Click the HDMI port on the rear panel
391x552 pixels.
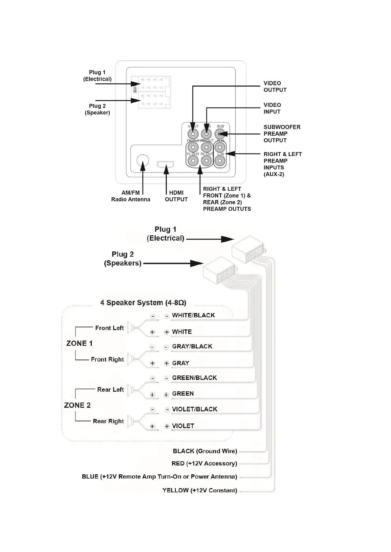point(165,164)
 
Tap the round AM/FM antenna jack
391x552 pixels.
point(142,160)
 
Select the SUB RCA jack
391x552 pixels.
point(220,134)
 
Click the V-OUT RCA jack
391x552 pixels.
point(193,134)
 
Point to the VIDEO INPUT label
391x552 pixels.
point(272,108)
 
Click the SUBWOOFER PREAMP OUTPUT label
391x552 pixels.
point(282,133)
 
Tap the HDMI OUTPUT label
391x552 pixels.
point(176,196)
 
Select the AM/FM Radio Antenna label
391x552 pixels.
point(131,196)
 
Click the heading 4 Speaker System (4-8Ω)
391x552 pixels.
point(143,303)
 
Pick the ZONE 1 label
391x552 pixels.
point(79,343)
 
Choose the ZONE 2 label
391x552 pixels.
point(77,405)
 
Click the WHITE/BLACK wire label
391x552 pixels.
point(193,315)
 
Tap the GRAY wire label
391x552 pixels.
point(181,363)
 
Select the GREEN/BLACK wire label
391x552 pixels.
point(194,378)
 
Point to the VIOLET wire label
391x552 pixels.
point(183,426)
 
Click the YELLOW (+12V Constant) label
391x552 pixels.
point(200,490)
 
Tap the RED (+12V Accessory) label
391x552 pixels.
point(204,463)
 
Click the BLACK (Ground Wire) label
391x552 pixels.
point(205,451)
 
